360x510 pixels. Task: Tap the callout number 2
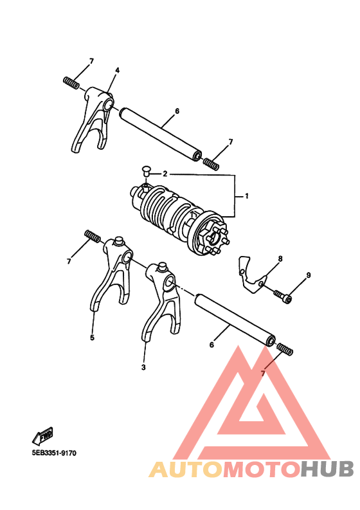click(x=165, y=174)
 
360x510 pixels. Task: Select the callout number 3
click(x=143, y=367)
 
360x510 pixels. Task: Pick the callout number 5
click(x=92, y=337)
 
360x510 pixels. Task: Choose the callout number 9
click(x=308, y=275)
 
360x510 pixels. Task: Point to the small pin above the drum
click(x=146, y=171)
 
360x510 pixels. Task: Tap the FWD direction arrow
click(x=42, y=437)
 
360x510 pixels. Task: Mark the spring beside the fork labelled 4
click(x=71, y=82)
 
